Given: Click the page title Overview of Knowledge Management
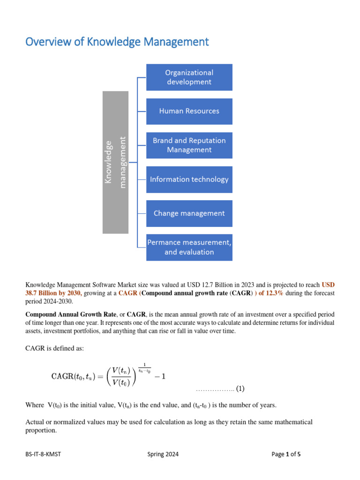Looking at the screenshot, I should click(x=117, y=42).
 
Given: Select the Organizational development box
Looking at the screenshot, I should click(x=189, y=77).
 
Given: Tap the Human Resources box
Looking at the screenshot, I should click(x=189, y=111).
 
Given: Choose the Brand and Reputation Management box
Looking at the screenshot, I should click(x=189, y=145).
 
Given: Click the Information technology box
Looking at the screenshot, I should click(x=189, y=179).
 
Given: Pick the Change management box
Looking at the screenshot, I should click(x=189, y=213).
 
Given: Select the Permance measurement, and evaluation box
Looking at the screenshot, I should click(x=189, y=247).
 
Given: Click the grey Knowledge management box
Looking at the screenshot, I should click(x=115, y=162).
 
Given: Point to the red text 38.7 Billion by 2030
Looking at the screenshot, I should click(x=54, y=293).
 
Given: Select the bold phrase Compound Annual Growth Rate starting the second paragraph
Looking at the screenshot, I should click(x=70, y=314).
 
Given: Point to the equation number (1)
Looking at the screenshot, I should click(x=240, y=389).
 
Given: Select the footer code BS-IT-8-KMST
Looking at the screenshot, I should click(x=44, y=454).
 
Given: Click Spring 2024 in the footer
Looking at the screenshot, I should click(x=163, y=454).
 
